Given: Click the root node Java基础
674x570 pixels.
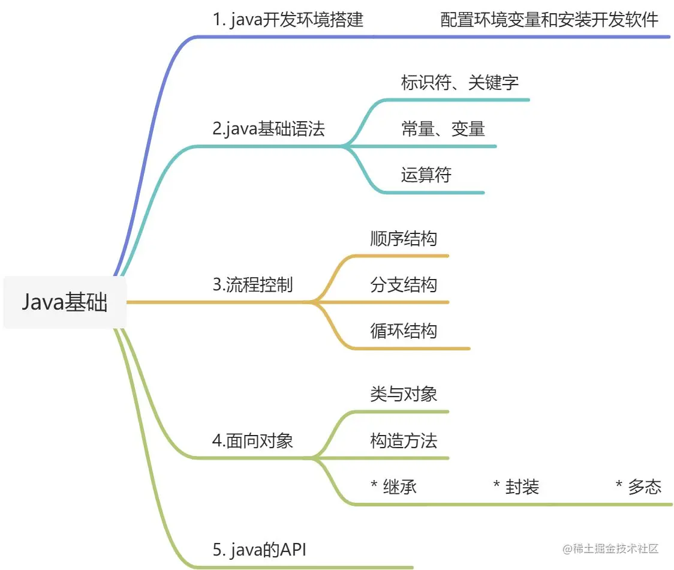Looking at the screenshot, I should point(65,302).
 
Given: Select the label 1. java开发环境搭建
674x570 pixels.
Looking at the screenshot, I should point(288,20).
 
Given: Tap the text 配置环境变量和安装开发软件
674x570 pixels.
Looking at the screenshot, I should point(549,20).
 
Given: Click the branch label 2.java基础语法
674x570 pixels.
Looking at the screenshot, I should point(269,128).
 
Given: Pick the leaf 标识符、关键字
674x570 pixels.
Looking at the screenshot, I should point(459,82).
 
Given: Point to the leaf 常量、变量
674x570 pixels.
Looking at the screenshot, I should point(443,128).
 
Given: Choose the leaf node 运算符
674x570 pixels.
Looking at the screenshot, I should point(426,175).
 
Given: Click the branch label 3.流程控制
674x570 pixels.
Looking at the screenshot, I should point(252,284).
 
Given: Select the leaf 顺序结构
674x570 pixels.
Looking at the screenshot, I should point(404,238).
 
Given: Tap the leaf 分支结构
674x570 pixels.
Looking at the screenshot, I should point(404,284).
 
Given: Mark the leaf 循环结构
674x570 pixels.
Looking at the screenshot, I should point(404,331).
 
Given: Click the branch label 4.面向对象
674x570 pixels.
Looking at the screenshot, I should point(252,441).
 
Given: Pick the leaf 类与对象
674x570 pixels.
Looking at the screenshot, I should point(404,394).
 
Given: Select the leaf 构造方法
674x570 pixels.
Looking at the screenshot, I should point(404,441).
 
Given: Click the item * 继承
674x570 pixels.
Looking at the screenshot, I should point(394,487).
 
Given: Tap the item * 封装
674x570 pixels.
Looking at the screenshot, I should point(516,487).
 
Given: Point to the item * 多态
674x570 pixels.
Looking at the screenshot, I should point(638,487).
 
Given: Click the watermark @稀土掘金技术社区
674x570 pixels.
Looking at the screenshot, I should point(610,548).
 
